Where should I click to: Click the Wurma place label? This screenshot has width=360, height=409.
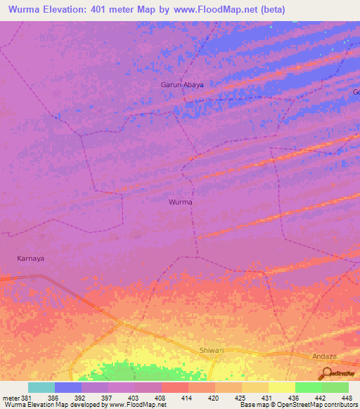[181, 202]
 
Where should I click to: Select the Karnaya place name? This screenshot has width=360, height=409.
[30, 258]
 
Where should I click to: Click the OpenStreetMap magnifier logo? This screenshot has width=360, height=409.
[326, 374]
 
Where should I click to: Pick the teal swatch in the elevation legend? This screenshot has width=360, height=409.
[41, 387]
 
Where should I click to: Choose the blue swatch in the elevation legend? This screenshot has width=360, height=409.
[68, 387]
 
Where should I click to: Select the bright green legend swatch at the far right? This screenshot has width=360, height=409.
[335, 387]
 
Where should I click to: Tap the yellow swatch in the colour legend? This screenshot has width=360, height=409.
[282, 387]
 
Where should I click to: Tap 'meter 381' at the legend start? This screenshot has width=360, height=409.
[16, 397]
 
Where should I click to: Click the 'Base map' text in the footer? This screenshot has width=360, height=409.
[253, 405]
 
